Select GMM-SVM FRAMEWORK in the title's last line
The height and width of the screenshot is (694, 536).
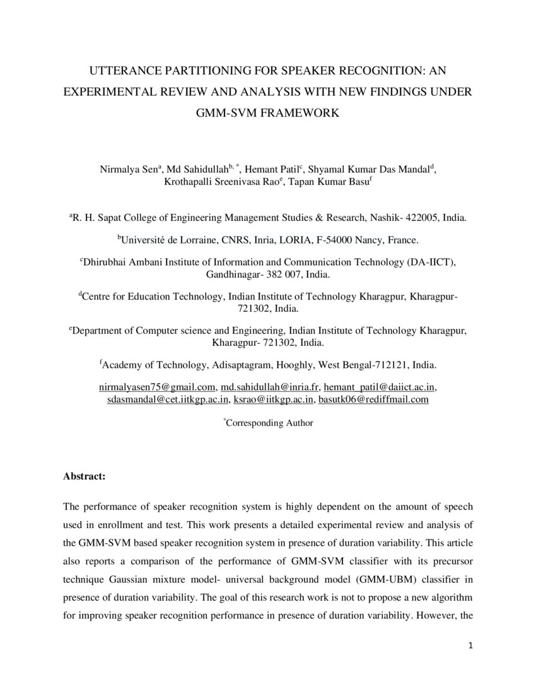click(268, 113)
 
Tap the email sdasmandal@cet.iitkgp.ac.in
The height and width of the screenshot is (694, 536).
click(167, 399)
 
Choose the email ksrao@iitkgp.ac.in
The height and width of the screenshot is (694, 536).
click(273, 399)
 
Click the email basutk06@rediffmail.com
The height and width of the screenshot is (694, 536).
click(373, 399)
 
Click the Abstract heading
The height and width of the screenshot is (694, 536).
click(84, 476)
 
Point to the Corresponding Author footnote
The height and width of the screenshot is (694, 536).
click(269, 423)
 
